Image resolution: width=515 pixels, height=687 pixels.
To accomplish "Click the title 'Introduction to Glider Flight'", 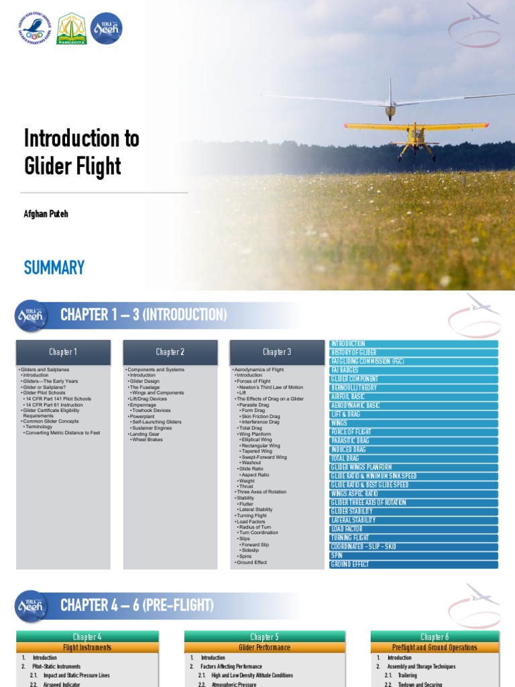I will pyautogui.click(x=82, y=152).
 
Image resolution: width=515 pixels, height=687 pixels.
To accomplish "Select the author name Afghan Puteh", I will pyautogui.click(x=48, y=213).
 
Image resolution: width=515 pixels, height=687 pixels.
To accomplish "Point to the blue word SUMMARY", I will pyautogui.click(x=54, y=268).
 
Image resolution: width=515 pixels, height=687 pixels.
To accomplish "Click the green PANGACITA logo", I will pyautogui.click(x=71, y=29).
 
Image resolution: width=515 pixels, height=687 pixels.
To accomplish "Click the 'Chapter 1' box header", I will pyautogui.click(x=63, y=352).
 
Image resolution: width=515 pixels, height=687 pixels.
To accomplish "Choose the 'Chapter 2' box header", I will pyautogui.click(x=170, y=352).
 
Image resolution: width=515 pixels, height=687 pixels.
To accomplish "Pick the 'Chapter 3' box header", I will pyautogui.click(x=277, y=352).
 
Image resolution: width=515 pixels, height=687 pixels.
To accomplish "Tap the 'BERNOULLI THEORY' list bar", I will pyautogui.click(x=414, y=388).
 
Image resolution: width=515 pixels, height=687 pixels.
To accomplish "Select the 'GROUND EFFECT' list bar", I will pyautogui.click(x=414, y=564).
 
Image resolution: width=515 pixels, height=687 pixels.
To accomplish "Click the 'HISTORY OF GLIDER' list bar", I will pyautogui.click(x=414, y=352).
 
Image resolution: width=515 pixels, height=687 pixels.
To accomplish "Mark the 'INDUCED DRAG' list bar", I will pyautogui.click(x=414, y=450).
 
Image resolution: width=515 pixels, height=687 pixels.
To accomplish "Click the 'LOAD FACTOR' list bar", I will pyautogui.click(x=414, y=529).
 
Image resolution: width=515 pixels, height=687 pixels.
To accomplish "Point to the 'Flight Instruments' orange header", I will pyautogui.click(x=87, y=647).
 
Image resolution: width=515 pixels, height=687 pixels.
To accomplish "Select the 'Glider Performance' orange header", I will pyautogui.click(x=265, y=647).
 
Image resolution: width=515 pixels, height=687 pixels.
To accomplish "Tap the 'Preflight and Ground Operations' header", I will pyautogui.click(x=435, y=647).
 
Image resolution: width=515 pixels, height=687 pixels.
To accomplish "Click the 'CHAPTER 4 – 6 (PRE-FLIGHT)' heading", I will pyautogui.click(x=137, y=606).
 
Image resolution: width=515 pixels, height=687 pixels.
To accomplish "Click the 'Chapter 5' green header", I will pyautogui.click(x=265, y=637).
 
